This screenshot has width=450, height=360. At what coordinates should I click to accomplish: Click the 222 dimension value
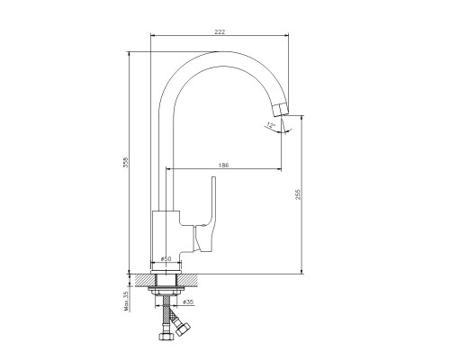coord(220,31)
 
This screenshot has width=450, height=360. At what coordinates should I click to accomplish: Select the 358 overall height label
coord(126,162)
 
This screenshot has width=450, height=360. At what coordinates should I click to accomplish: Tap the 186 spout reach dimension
coord(223,165)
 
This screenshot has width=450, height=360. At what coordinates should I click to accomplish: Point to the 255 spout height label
coord(298,194)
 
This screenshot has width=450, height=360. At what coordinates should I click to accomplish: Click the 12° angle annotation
coord(271,126)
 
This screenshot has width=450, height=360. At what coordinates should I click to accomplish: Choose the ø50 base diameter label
coord(166,258)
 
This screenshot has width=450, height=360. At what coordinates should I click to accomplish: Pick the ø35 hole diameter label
coord(188,302)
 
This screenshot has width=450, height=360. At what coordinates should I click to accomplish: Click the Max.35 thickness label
coord(126,301)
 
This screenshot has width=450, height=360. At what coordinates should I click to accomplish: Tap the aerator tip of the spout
coord(280,110)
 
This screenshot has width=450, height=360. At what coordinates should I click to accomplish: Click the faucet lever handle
coord(207,219)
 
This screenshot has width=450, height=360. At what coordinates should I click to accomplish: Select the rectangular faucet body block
coord(166,237)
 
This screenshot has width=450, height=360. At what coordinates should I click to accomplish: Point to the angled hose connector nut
coord(183,329)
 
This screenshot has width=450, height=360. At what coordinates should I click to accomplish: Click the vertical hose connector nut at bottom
coord(165,336)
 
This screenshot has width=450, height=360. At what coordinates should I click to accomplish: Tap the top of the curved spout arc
coord(222,52)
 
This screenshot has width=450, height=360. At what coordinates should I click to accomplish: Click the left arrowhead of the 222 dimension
coord(152,35)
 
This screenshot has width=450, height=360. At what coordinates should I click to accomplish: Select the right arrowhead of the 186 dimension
coord(279,169)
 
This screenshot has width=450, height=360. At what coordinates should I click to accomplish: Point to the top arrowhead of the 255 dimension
coord(301,118)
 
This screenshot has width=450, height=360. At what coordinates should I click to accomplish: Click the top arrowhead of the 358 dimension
coord(129,54)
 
